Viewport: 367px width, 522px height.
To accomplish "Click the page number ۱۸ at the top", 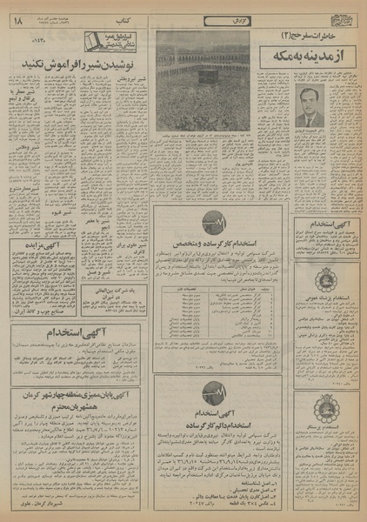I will pos(17,12).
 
